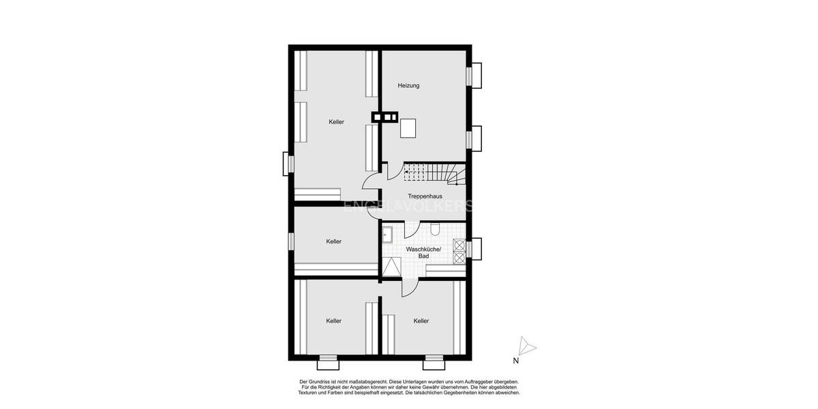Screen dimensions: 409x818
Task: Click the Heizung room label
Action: pos(408,86)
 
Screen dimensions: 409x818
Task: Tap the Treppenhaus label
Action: pos(425,196)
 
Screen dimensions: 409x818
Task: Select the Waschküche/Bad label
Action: pos(423,252)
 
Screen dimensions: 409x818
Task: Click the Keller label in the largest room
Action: pos(336,122)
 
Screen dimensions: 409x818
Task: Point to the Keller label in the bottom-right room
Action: pos(421,321)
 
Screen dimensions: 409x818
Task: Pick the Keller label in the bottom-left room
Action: pos(333,321)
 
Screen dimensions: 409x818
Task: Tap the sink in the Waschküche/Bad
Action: pos(387,233)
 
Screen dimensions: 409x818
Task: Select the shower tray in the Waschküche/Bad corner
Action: pos(391,267)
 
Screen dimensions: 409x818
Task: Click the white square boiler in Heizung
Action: pos(408,128)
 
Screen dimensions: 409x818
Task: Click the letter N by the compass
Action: pos(516,361)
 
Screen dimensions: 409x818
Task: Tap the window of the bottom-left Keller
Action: pos(328,357)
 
